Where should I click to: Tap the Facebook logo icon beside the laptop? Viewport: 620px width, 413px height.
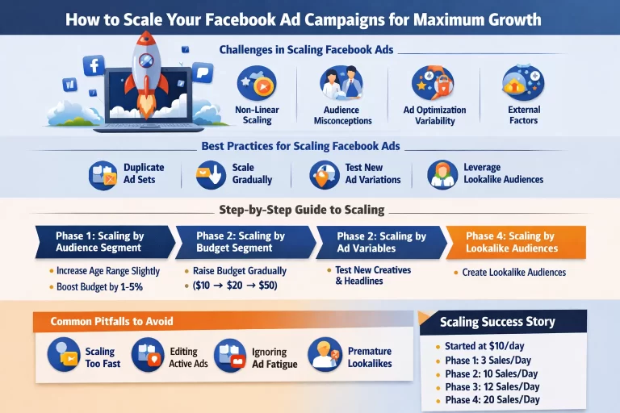(x=94, y=65)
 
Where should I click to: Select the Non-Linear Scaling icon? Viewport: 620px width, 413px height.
(x=257, y=84)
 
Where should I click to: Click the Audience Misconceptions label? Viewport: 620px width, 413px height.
(x=342, y=115)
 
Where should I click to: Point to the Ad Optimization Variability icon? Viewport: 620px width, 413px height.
(x=434, y=84)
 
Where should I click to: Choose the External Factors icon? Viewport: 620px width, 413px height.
(x=524, y=84)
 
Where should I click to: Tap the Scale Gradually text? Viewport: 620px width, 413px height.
(x=252, y=173)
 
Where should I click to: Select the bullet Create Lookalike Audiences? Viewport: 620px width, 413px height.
(x=513, y=272)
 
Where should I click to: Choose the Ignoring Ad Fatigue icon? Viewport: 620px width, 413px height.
(x=230, y=356)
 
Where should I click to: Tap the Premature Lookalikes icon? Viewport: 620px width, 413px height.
(x=324, y=356)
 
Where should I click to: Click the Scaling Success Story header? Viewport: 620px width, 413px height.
(x=497, y=322)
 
